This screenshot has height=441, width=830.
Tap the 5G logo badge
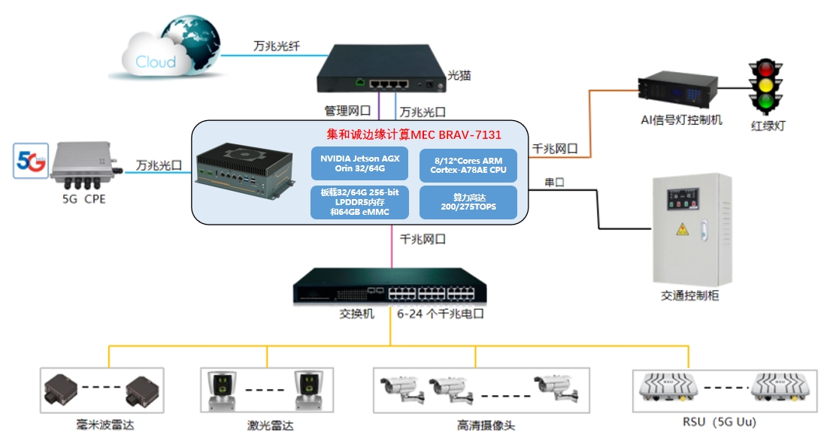click(31, 160)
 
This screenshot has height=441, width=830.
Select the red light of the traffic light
click(765, 69)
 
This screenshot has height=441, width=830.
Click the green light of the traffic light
click(765, 101)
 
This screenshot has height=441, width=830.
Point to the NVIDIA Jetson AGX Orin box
click(359, 163)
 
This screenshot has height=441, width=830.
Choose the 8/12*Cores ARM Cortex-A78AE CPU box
click(468, 165)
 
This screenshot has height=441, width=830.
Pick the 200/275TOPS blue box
click(468, 202)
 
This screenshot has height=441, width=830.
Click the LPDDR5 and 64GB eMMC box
click(359, 202)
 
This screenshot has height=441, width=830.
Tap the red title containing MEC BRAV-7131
click(413, 134)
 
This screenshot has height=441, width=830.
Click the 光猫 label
click(459, 76)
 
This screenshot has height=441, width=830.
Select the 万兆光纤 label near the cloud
click(277, 47)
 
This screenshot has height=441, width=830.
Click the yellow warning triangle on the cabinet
click(683, 229)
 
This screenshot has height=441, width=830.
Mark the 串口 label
click(554, 183)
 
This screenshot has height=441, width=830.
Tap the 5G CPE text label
click(84, 199)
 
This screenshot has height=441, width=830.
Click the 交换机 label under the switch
click(357, 313)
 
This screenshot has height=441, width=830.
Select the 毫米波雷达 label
click(105, 424)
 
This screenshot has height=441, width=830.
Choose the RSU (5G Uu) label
click(719, 422)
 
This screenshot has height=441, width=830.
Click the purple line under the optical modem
click(379, 106)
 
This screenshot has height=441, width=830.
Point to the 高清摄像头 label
click(486, 425)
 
